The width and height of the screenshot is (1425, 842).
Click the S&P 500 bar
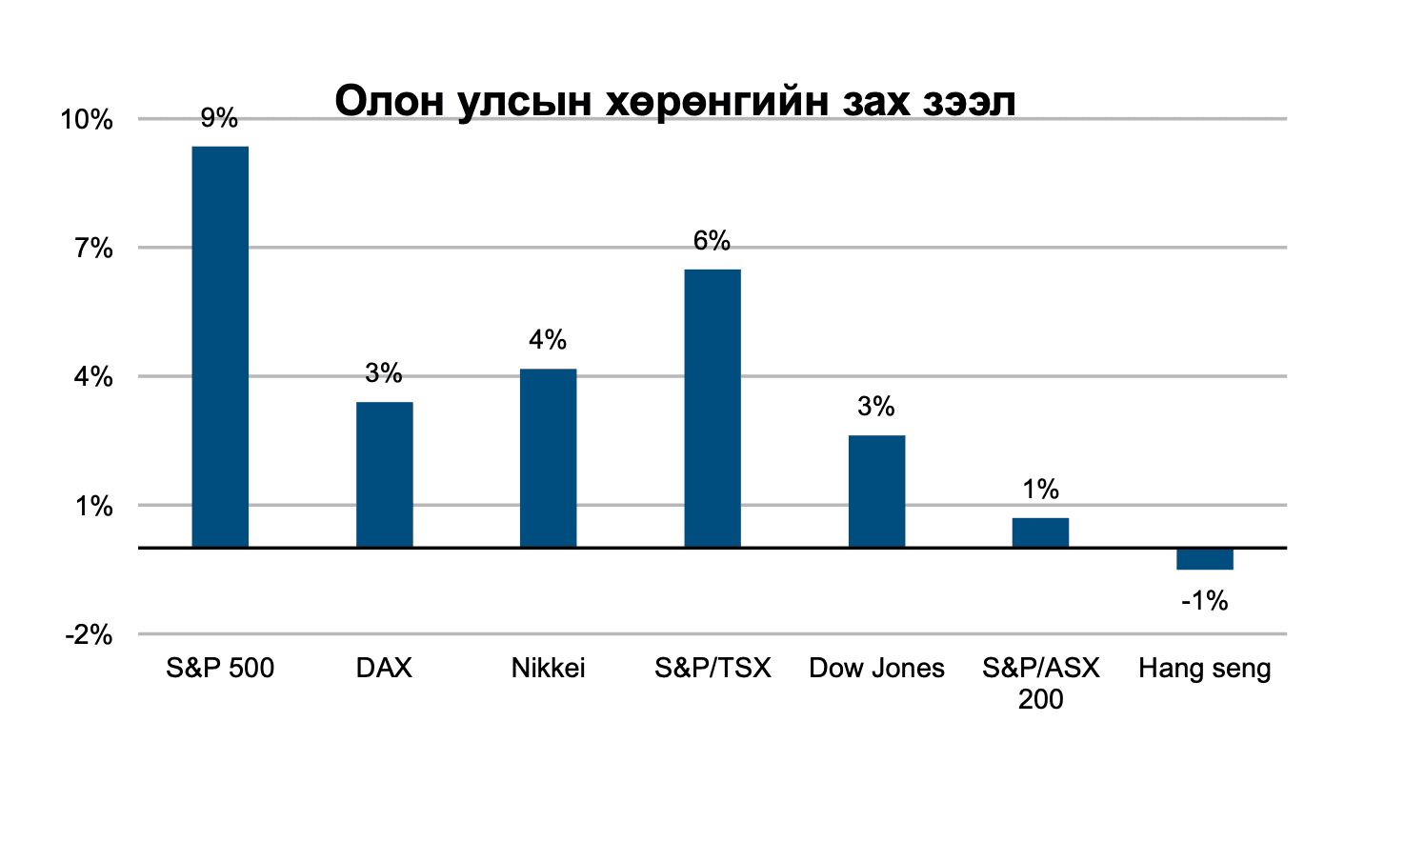point(220,347)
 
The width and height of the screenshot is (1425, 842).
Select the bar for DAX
point(384,474)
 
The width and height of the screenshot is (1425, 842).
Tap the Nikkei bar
point(548,458)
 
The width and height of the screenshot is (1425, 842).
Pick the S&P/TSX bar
point(712,409)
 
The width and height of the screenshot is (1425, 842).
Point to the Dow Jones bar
point(876,491)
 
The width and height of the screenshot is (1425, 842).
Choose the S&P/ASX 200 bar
point(1040,532)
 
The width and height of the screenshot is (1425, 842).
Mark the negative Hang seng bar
point(1204,559)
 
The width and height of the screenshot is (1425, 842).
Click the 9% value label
point(219,117)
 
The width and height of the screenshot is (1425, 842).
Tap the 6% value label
point(712,240)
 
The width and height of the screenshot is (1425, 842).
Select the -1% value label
point(1204,600)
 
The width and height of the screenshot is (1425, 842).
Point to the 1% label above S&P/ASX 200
point(1040,489)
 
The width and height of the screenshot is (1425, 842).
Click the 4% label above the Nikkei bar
point(548,339)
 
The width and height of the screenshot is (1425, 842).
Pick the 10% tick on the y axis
point(87,120)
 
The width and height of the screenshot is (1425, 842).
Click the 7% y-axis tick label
point(94,249)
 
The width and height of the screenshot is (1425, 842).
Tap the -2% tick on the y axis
point(89,635)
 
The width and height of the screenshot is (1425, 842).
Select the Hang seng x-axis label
point(1204,669)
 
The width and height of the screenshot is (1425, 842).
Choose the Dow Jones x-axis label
point(876,668)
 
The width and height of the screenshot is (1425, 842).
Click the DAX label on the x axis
point(384,668)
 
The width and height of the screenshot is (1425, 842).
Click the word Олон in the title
point(390,101)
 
